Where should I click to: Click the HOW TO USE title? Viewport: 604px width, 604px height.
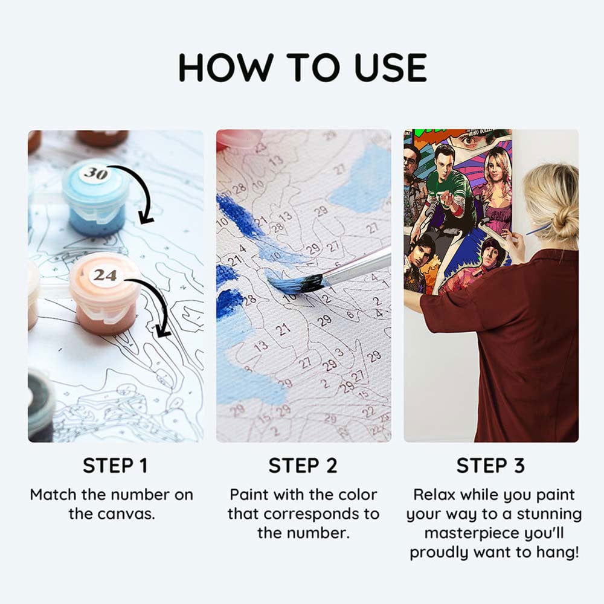click(302, 67)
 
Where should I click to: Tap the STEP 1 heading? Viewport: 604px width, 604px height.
click(115, 466)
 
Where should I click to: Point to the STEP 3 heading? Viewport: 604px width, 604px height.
click(490, 466)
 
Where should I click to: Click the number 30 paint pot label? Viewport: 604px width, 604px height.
click(95, 174)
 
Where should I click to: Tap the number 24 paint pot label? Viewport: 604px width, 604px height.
click(104, 275)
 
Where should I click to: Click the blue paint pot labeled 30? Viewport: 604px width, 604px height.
click(95, 199)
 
